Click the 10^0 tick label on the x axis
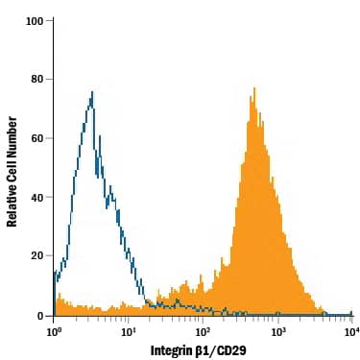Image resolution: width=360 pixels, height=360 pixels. point(55,330)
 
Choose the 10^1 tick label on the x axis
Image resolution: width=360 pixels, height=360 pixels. point(129,330)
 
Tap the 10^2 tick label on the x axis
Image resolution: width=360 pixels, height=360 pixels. point(203,330)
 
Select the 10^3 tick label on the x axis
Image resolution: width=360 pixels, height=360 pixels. point(277,330)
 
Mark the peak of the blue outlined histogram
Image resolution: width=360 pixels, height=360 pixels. point(91,93)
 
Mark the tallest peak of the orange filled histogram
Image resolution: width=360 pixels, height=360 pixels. point(254,89)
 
